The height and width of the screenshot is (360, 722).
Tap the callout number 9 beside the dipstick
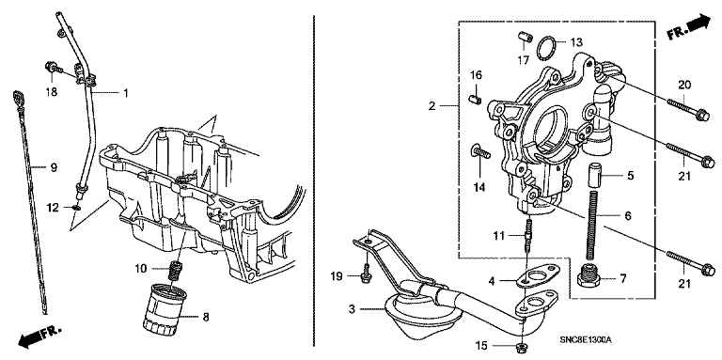(x=54, y=167)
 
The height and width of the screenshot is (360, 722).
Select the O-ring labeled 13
(x=547, y=48)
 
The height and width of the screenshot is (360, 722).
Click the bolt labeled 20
(x=683, y=106)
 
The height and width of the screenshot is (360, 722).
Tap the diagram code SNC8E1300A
(x=586, y=340)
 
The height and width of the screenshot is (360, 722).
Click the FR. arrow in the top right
(x=689, y=27)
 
